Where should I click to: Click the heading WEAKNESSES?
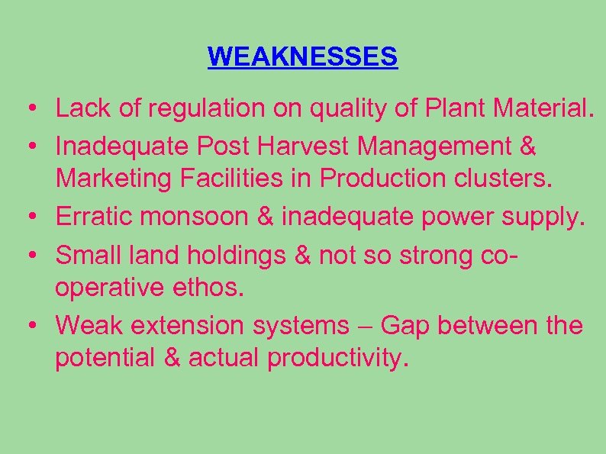pyautogui.click(x=302, y=57)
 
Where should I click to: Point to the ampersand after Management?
pyautogui.click(x=527, y=145)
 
